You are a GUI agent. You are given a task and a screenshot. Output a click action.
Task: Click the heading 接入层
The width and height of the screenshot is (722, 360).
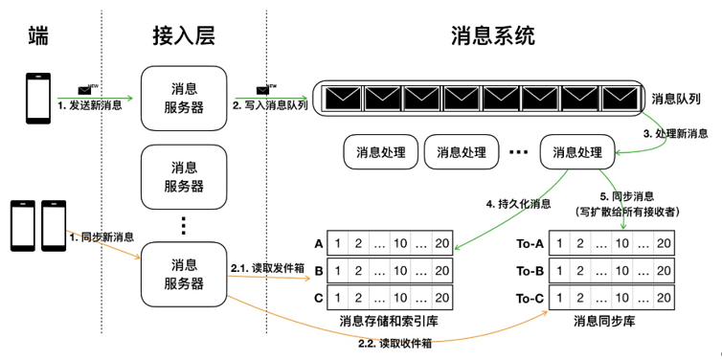(x=183, y=36)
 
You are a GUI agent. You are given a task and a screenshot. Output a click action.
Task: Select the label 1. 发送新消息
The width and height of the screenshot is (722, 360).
(x=89, y=105)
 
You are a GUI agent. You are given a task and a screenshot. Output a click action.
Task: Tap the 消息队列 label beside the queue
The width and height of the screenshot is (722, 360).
(x=677, y=99)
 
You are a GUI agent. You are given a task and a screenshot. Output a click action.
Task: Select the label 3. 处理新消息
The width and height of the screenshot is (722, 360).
(x=675, y=133)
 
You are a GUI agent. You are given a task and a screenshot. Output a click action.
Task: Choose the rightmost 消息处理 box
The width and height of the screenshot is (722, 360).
(x=574, y=152)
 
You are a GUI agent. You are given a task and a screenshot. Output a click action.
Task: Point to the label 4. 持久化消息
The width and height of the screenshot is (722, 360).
(x=519, y=204)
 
